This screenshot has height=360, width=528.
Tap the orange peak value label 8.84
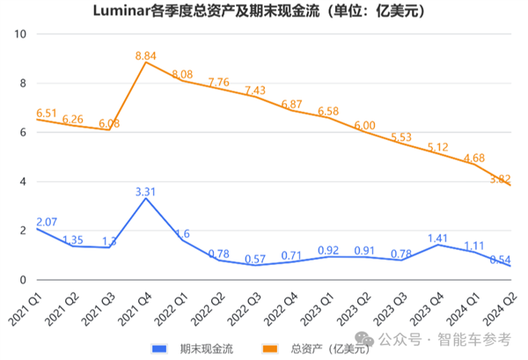145,55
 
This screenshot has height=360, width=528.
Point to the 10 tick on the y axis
22,34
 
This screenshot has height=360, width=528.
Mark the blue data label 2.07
47,221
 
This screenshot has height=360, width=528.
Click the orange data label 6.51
47,113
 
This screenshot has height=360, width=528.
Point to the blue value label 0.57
255,258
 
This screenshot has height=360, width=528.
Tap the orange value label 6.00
364,126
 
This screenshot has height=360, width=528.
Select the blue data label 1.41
437,237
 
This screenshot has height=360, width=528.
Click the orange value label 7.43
255,90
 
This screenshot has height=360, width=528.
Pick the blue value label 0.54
500,259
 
